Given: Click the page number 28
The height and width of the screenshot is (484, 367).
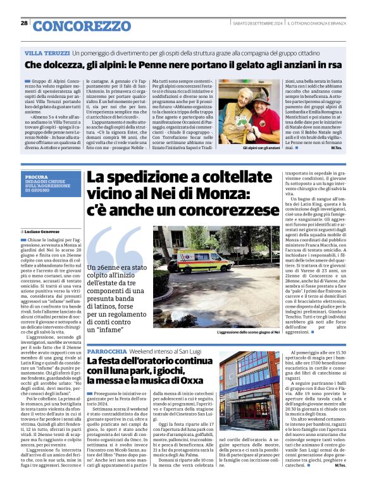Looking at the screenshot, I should [24, 24].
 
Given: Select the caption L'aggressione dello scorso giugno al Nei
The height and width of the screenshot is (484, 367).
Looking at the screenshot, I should [249, 332].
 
